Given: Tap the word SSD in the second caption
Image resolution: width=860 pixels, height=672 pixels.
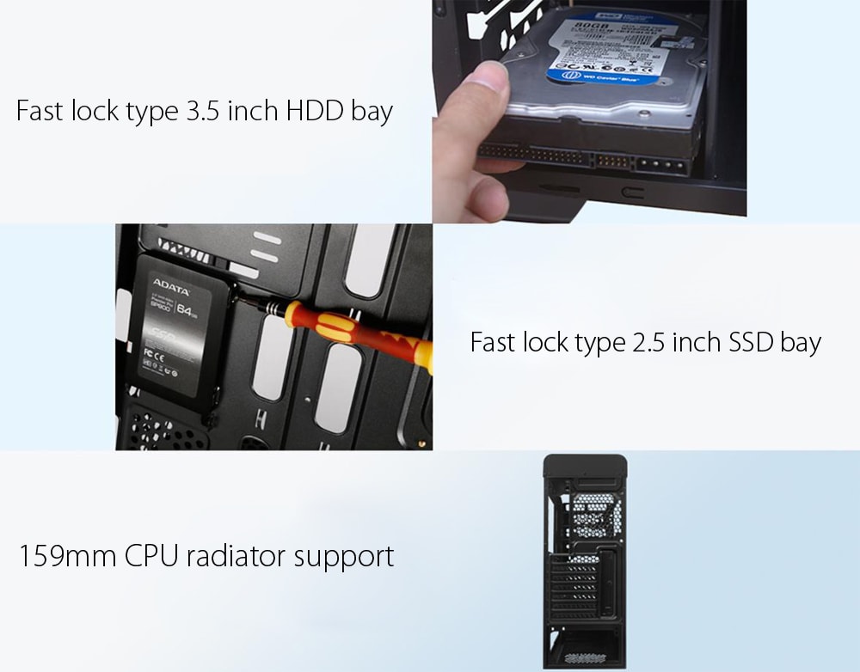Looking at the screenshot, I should coord(752,342).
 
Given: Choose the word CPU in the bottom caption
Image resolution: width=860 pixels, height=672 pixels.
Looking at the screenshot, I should coord(152,555).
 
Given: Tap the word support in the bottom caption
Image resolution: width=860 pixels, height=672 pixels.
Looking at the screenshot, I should coord(344,557).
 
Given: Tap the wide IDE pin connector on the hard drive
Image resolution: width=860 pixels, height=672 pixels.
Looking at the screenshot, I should coord(533,157).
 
